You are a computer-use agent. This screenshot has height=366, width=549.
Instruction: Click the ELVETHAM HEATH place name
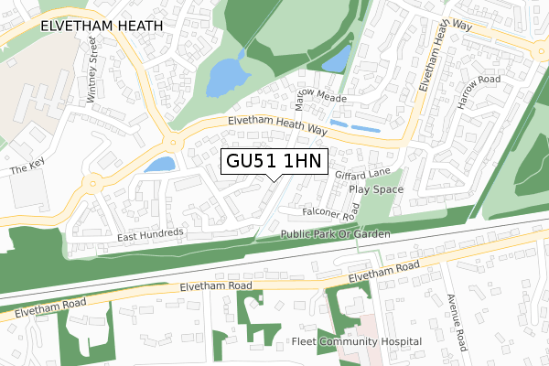click(x=101, y=27)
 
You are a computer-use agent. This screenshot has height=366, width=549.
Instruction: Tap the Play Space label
click(x=376, y=189)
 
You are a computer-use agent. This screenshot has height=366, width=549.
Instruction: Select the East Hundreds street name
click(x=151, y=235)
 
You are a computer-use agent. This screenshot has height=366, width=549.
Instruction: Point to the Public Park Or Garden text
click(x=336, y=235)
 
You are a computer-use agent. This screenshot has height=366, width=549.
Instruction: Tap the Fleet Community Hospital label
click(x=357, y=341)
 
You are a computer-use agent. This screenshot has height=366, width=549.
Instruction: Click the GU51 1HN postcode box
click(x=274, y=161)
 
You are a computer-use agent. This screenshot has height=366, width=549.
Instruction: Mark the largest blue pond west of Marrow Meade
click(x=223, y=75)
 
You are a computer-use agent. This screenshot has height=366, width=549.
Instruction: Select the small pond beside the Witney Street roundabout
click(x=159, y=165)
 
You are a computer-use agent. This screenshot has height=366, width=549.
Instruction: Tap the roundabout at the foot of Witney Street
click(x=170, y=142)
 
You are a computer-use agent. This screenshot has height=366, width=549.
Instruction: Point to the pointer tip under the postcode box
click(x=274, y=180)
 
